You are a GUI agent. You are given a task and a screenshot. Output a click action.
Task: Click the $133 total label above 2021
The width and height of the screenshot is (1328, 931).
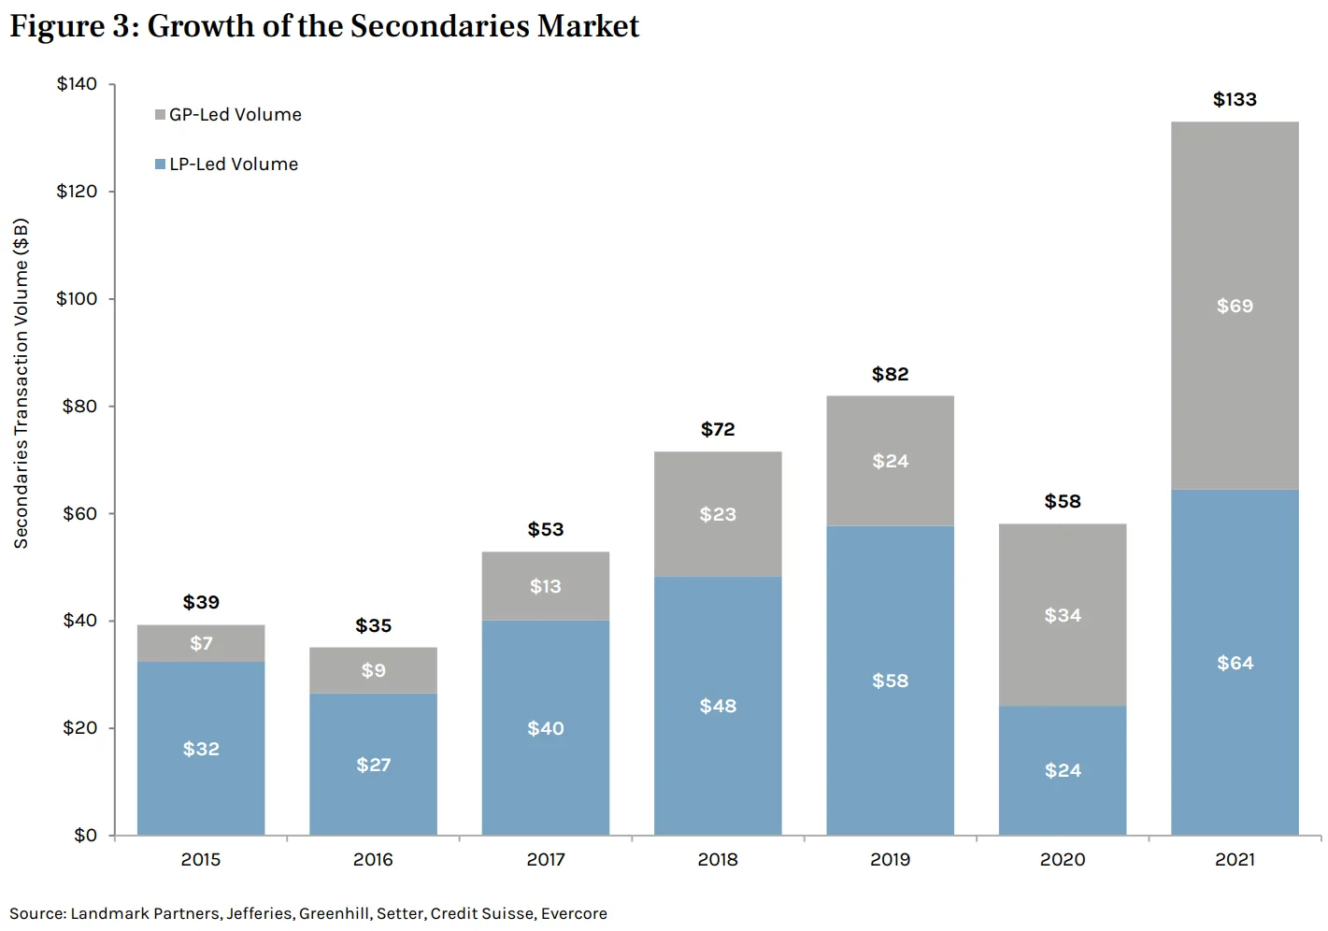1235,100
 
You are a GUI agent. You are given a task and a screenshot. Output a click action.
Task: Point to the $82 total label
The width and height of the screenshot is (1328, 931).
890,375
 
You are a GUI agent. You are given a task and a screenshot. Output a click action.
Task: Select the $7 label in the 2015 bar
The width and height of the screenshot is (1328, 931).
201,643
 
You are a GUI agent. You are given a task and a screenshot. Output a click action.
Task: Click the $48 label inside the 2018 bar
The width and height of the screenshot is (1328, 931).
718,706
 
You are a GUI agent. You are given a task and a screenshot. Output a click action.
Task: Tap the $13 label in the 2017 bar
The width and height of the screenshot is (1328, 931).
546,586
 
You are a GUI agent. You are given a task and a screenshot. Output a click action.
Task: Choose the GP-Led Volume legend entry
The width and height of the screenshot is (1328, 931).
235,115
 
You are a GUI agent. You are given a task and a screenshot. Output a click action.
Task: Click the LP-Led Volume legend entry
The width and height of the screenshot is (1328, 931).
233,165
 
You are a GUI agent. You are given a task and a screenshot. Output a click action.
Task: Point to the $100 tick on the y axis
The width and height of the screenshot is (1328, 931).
77,299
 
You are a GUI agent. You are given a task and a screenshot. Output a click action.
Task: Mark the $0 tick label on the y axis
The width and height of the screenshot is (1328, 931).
85,836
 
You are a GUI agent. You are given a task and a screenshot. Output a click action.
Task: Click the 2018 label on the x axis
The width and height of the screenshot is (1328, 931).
718,860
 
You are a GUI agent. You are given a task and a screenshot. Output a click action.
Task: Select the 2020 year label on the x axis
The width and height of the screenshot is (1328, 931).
1062,860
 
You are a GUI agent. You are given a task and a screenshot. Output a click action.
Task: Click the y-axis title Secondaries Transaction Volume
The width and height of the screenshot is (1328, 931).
21,383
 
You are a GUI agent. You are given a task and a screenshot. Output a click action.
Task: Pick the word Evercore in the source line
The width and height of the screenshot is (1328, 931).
574,914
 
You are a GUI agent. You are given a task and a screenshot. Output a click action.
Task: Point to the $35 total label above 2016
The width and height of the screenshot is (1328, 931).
373,626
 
